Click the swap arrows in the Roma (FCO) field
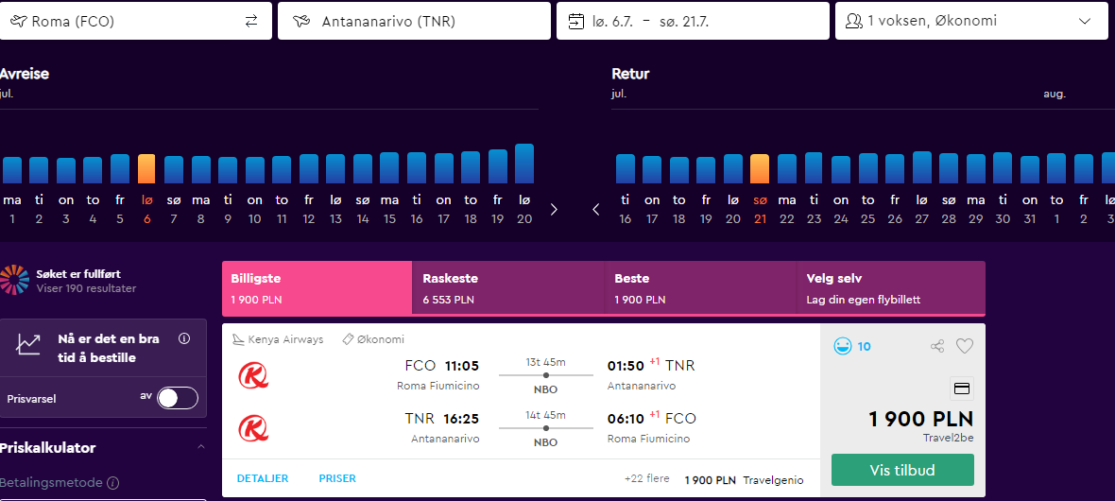coord(251,22)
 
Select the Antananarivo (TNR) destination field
coord(414,21)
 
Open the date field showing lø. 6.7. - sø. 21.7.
coord(693,21)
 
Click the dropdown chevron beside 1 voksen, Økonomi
coord(1085,22)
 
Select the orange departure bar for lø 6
coord(146,169)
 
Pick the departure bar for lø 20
coord(524,164)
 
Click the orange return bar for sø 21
coord(760,169)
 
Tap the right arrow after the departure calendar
coord(554,209)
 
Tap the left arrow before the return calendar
coord(596,209)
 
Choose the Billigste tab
coord(317,288)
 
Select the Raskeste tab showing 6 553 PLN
coord(508,288)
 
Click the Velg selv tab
coord(891,288)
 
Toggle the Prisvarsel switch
coord(178,399)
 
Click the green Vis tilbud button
coord(902,470)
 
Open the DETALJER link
coord(263,479)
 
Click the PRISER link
coord(337,479)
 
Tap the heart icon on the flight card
coord(964,347)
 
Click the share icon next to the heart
coord(937,347)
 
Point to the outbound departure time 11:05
coord(462,367)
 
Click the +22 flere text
coord(647,479)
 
